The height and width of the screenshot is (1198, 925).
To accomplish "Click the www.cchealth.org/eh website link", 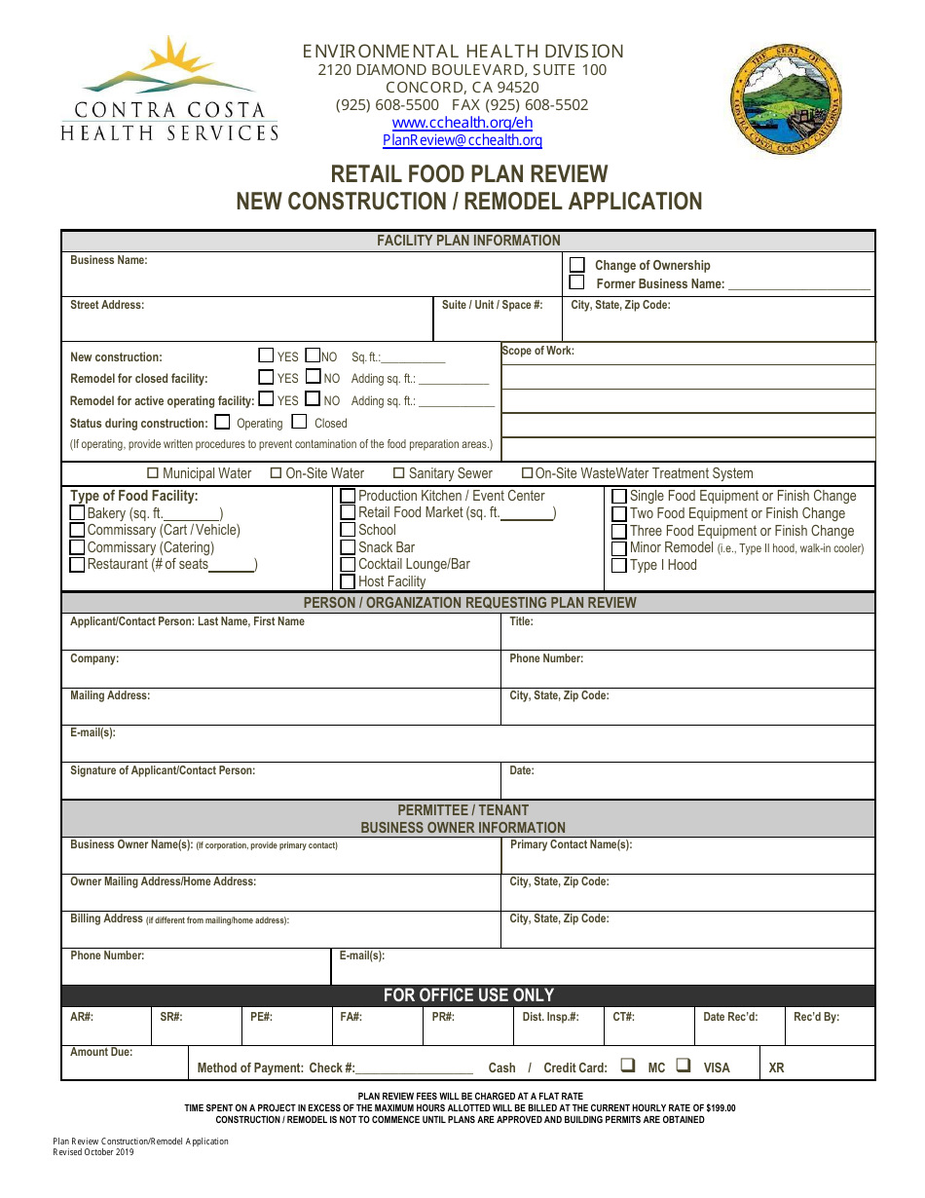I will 462,123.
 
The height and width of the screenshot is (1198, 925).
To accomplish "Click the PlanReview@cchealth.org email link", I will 462,140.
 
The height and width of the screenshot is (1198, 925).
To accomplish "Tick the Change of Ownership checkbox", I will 577,265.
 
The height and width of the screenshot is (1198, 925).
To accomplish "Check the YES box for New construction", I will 266,356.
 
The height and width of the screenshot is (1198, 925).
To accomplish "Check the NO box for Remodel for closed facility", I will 313,377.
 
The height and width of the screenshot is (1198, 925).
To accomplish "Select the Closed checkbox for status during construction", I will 299,423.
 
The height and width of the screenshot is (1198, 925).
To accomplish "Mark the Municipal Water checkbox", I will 152,473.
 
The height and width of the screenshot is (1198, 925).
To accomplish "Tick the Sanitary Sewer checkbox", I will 399,473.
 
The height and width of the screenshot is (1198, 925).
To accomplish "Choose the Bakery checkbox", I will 78,513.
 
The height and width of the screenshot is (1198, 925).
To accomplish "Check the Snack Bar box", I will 348,547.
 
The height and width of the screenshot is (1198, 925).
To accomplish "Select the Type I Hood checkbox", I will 618,566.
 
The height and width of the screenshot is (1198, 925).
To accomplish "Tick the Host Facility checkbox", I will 348,581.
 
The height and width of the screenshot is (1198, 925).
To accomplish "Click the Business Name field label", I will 109,261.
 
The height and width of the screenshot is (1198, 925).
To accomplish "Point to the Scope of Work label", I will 537,351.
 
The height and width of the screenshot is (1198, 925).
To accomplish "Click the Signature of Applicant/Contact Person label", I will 163,770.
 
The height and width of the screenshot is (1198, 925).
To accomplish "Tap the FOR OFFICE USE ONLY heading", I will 468,995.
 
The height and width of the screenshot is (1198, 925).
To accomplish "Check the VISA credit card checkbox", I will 684,1066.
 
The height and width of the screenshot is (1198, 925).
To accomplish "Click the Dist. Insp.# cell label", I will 550,1017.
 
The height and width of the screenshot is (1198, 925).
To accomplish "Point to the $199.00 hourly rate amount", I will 721,1108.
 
